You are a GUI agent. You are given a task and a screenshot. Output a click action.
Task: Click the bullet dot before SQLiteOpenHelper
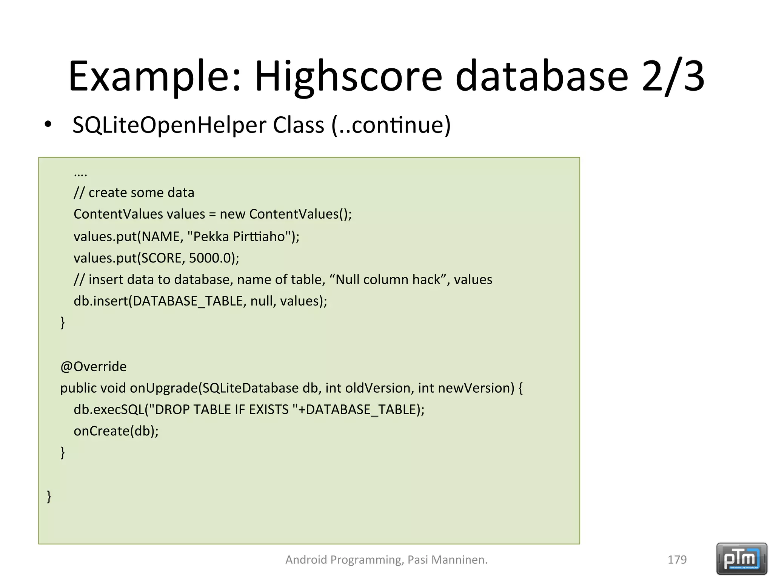(48, 124)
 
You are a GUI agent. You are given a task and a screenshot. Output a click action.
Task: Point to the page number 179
(677, 559)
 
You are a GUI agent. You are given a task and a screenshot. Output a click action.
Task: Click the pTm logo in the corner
(741, 558)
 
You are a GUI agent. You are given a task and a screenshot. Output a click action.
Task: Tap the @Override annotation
(93, 366)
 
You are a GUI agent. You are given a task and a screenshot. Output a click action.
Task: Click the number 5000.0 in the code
(210, 258)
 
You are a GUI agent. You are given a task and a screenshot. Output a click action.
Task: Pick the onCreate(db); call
(116, 431)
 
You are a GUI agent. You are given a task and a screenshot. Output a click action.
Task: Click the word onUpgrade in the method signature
(164, 388)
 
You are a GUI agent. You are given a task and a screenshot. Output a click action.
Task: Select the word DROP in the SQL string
(172, 410)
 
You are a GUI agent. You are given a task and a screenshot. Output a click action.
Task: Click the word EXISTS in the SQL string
(268, 410)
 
